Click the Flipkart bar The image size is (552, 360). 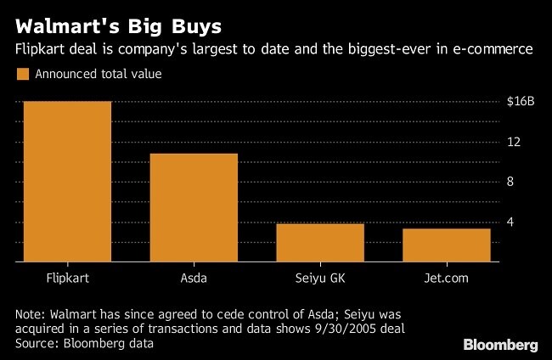[67, 182]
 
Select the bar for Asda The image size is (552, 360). [194, 208]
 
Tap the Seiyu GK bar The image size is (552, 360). [320, 243]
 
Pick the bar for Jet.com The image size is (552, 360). [447, 245]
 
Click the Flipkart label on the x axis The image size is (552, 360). [67, 278]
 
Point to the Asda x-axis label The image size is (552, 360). [194, 278]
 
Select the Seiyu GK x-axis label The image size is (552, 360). [320, 278]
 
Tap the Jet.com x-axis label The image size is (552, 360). [447, 278]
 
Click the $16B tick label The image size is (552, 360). [519, 101]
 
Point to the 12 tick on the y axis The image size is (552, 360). [513, 141]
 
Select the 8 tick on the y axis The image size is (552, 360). [510, 182]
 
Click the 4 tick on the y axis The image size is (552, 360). [510, 222]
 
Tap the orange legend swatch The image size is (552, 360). [23, 74]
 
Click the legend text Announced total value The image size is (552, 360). [98, 74]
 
